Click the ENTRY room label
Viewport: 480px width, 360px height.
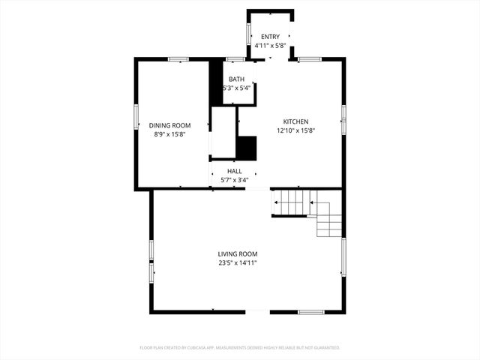point(269,37)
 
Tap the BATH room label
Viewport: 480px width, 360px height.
point(236,79)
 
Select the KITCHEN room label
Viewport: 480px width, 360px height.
point(295,121)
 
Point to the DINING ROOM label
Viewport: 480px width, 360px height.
point(169,125)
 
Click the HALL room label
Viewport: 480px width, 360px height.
point(234,171)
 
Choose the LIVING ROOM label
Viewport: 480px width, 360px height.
point(238,254)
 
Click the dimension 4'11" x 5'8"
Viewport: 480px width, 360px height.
point(269,46)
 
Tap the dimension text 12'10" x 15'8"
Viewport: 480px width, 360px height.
point(295,130)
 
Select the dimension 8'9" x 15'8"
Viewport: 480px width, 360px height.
point(169,134)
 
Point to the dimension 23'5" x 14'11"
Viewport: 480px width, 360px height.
point(238,263)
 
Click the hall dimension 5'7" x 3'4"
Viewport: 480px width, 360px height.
point(234,180)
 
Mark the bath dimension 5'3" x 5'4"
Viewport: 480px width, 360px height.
point(236,88)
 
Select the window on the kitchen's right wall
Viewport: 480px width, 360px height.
point(343,113)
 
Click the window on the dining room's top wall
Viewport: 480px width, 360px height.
point(178,58)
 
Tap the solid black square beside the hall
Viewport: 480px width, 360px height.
point(247,147)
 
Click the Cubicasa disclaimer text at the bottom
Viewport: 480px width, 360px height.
point(240,348)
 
